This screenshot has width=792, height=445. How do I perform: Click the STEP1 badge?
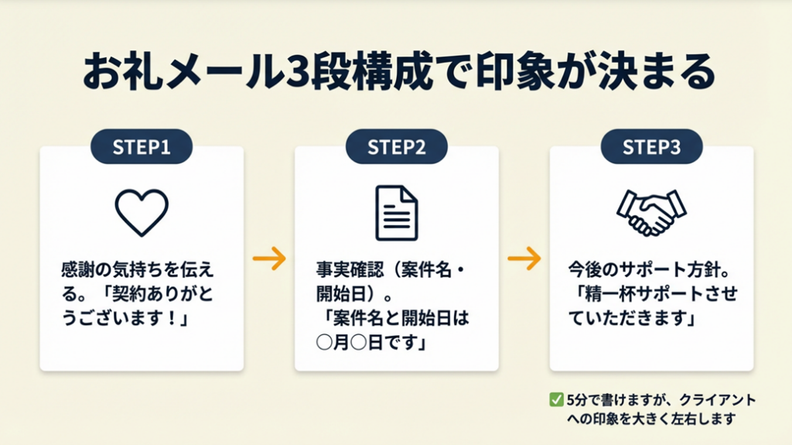tap(141, 147)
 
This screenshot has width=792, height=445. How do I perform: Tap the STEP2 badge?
tap(396, 147)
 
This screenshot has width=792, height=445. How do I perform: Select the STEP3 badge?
tap(651, 147)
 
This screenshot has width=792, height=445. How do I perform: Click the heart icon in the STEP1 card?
tap(141, 211)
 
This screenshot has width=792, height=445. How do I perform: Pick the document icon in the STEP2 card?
tap(396, 213)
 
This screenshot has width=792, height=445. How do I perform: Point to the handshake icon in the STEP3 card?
tap(651, 211)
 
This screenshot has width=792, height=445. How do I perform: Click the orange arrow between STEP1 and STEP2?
tap(269, 259)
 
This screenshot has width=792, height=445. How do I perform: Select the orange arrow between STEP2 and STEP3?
tap(524, 259)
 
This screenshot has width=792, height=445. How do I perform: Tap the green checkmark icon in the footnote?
tap(555, 400)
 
